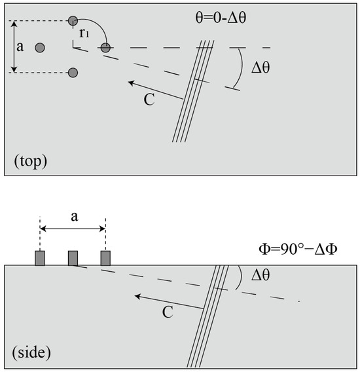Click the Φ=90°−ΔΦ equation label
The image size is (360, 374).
pyautogui.click(x=302, y=249)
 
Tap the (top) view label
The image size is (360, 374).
pyautogui.click(x=29, y=160)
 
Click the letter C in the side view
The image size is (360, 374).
pyautogui.click(x=167, y=312)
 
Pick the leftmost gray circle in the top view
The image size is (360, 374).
pyautogui.click(x=40, y=47)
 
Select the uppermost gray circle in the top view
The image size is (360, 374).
pyautogui.click(x=73, y=22)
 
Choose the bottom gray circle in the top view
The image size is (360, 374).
pyautogui.click(x=73, y=72)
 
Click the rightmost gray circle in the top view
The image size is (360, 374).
pyautogui.click(x=105, y=47)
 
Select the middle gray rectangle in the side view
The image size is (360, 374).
pyautogui.click(x=73, y=257)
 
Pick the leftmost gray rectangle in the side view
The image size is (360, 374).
pyautogui.click(x=40, y=257)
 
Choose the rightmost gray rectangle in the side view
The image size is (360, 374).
pyautogui.click(x=105, y=257)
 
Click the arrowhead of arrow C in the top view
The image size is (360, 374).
pyautogui.click(x=130, y=83)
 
